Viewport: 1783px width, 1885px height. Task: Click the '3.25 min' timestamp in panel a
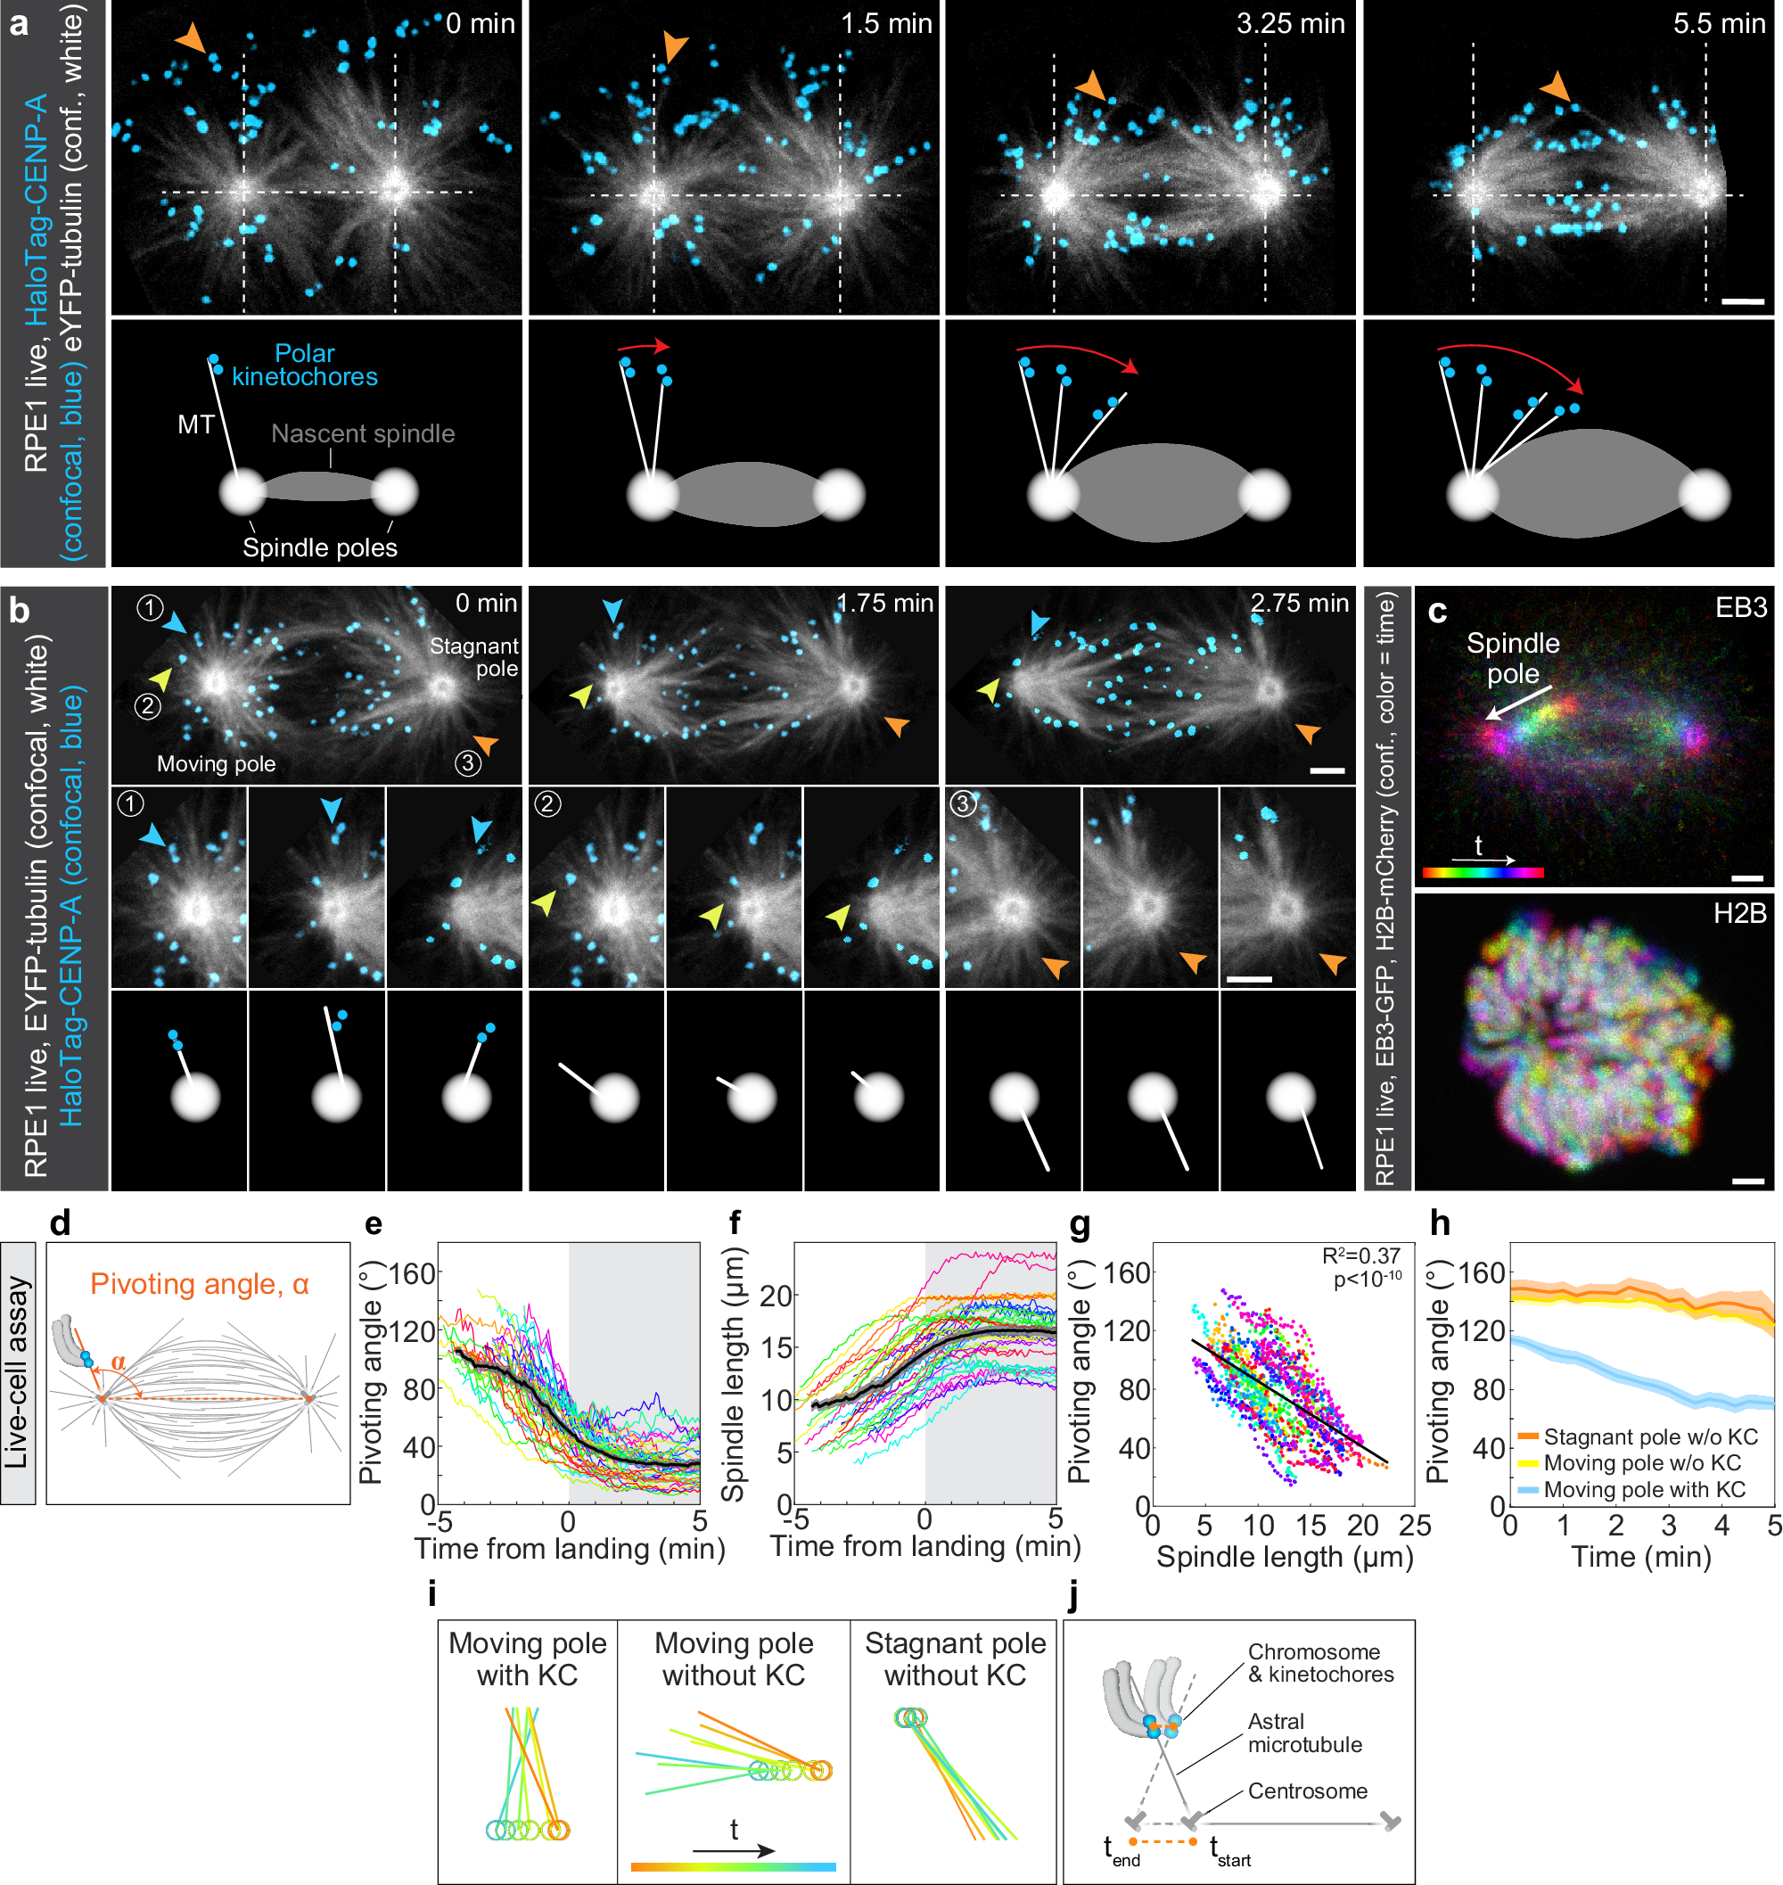[x=1290, y=24]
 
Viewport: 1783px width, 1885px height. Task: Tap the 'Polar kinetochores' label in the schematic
[x=304, y=365]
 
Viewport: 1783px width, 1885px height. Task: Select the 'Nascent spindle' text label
[x=363, y=433]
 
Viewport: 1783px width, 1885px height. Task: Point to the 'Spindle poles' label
[x=319, y=547]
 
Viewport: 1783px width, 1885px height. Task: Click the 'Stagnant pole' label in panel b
[x=474, y=657]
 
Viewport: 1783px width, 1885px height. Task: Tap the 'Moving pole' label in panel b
[x=216, y=764]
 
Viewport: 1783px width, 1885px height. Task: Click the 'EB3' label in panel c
[x=1740, y=607]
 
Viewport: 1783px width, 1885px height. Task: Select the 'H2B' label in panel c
[x=1739, y=913]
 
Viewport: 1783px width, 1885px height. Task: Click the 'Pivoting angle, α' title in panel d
[x=200, y=1284]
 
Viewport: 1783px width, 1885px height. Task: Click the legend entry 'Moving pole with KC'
[x=1644, y=1490]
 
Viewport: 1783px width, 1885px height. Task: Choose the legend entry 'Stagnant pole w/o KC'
[x=1650, y=1436]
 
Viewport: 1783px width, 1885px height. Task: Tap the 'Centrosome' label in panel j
[x=1307, y=1790]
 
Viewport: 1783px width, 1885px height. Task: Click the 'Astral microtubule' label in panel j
[x=1304, y=1733]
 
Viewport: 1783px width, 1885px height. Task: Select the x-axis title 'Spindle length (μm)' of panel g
[x=1284, y=1557]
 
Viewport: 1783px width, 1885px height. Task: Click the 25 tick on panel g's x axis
[x=1414, y=1526]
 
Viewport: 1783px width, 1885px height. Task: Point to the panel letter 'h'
[x=1440, y=1223]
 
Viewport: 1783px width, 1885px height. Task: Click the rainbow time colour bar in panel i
[x=733, y=1867]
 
